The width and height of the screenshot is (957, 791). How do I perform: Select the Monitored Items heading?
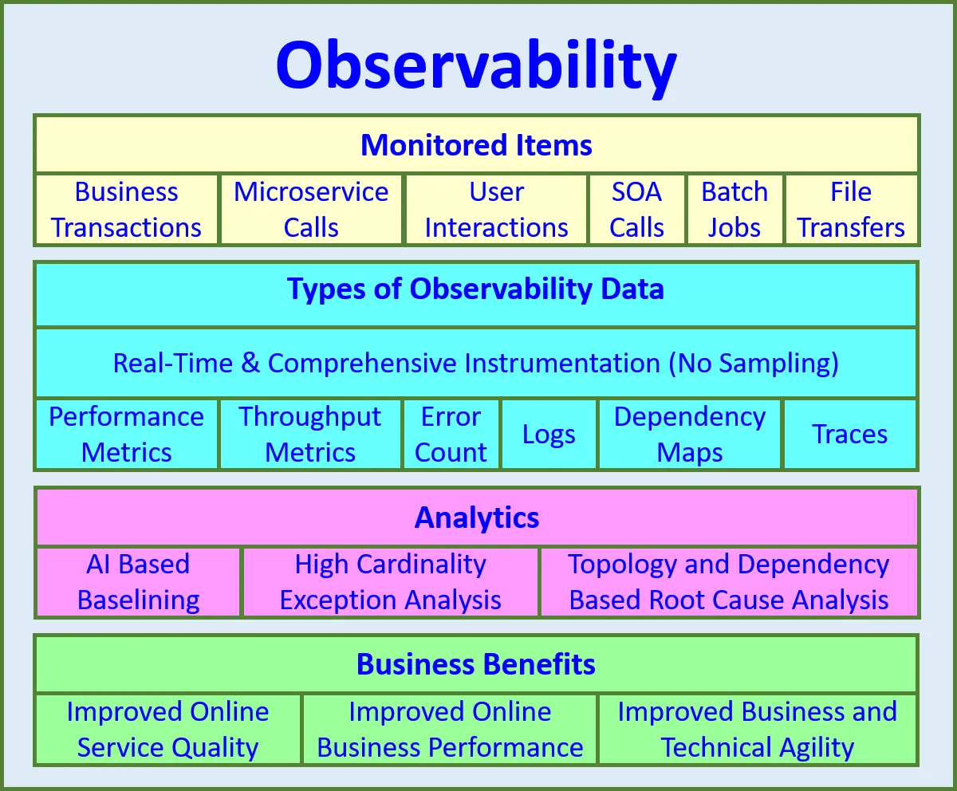point(476,145)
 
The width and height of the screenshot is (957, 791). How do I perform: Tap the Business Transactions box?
point(126,210)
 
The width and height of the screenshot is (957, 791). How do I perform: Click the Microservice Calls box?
point(311,210)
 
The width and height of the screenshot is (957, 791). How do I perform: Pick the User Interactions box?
point(496,210)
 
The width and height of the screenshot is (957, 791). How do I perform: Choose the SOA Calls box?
point(636,210)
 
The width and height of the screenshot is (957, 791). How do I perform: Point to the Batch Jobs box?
point(734,210)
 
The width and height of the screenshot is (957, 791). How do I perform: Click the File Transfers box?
point(851,210)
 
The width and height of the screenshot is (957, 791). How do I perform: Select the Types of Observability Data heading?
point(475,289)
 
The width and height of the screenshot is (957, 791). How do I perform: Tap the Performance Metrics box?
point(126,435)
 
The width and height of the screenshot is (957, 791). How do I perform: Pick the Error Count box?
point(451,435)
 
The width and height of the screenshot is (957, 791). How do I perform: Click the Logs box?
point(549,435)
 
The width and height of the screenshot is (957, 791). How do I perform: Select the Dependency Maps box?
point(690,435)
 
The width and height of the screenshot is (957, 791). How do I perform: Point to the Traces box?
point(849,435)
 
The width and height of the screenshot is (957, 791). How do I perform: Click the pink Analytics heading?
point(477,518)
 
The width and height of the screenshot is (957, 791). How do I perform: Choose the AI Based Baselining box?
point(138,582)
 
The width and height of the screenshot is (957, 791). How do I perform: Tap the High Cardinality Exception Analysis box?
point(390,582)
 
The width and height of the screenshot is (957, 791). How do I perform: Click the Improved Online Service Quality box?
point(167,730)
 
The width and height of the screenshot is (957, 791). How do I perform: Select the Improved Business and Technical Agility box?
point(757,730)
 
